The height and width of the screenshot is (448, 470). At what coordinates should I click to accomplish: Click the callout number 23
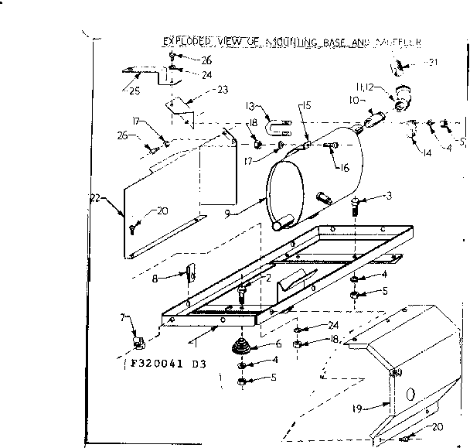pyautogui.click(x=222, y=90)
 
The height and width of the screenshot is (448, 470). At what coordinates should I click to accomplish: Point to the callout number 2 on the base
pyautogui.click(x=267, y=279)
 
